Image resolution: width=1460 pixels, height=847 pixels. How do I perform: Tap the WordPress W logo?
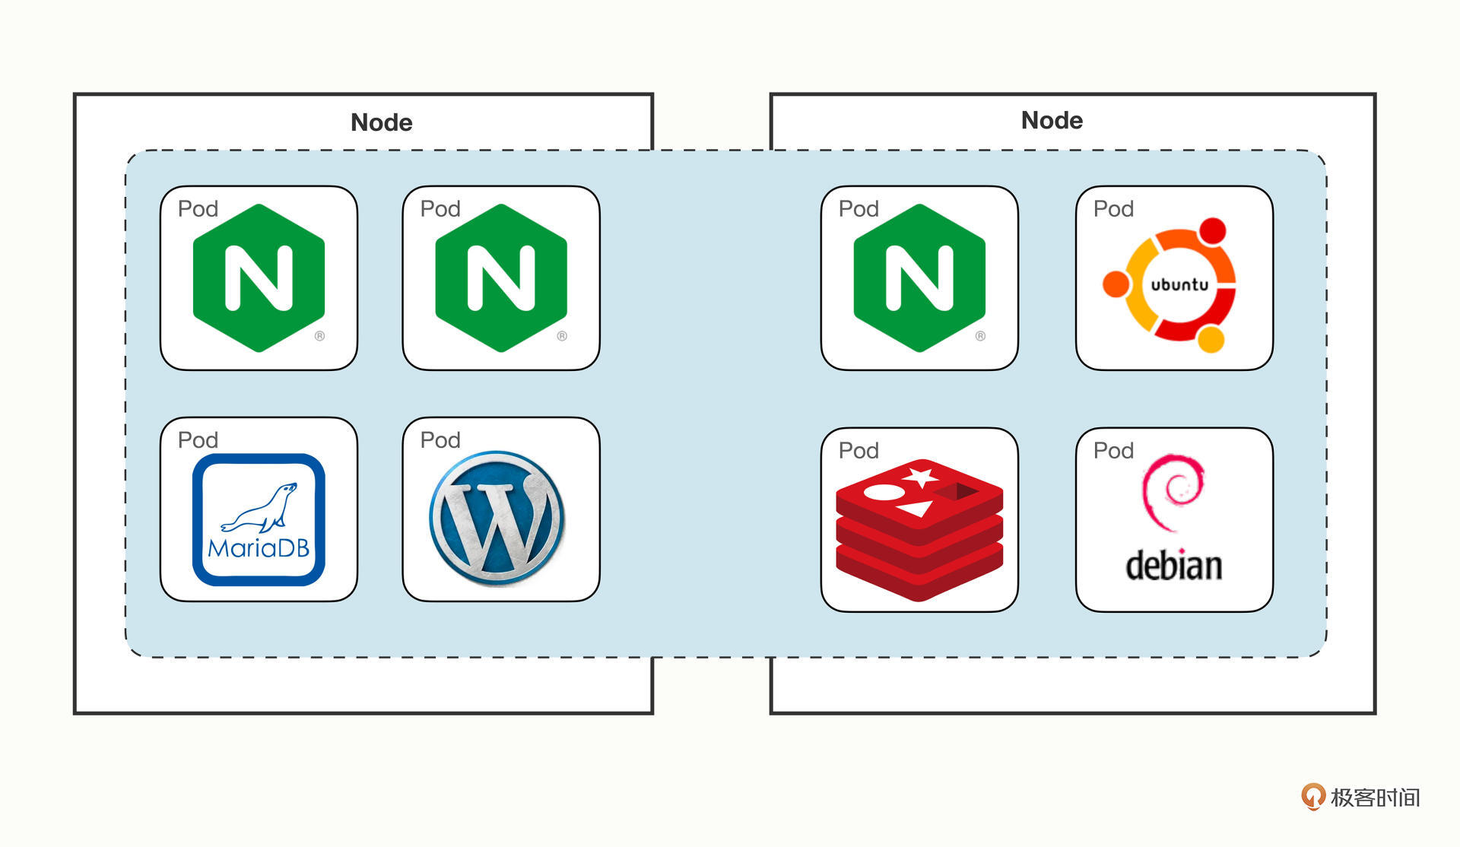click(x=497, y=518)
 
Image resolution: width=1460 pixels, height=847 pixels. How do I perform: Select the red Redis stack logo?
click(x=919, y=530)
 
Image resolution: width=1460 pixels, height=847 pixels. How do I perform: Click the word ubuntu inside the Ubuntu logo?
click(x=1179, y=285)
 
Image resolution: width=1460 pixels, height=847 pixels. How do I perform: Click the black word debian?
click(x=1173, y=566)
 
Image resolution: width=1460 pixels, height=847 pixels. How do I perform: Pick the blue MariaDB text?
click(x=259, y=548)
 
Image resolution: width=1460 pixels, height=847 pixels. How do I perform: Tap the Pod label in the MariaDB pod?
click(x=198, y=440)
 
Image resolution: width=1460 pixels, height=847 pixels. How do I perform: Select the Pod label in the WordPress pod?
click(x=440, y=440)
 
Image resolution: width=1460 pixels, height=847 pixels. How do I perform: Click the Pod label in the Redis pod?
click(x=859, y=451)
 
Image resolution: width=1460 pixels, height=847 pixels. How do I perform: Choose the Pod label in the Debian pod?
click(x=1113, y=451)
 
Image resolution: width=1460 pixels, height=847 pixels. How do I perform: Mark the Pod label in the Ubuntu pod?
click(x=1113, y=209)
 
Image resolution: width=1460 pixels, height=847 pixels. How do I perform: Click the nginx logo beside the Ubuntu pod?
click(x=919, y=278)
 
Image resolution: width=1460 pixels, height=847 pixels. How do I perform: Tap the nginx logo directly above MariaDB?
click(x=259, y=278)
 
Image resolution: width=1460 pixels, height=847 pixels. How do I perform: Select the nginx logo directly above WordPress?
click(x=501, y=278)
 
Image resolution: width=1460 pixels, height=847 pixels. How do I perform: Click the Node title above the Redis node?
click(x=1052, y=120)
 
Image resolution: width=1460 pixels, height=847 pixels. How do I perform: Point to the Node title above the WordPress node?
click(x=381, y=122)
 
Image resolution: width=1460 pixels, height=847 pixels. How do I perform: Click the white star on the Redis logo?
click(x=922, y=477)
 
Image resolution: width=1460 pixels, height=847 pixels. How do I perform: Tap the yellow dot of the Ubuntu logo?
click(x=1211, y=339)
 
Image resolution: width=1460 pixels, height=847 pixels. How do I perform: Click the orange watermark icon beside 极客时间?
click(x=1312, y=797)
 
